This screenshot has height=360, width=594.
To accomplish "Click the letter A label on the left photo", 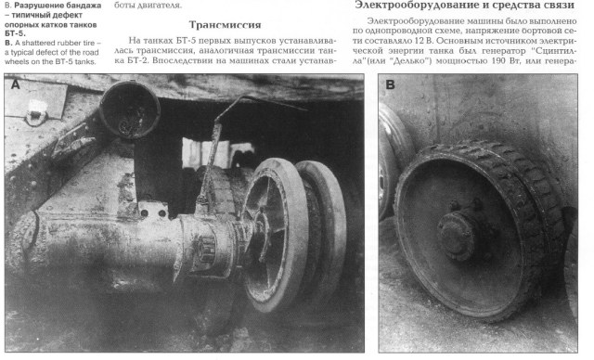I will click(17, 84).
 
